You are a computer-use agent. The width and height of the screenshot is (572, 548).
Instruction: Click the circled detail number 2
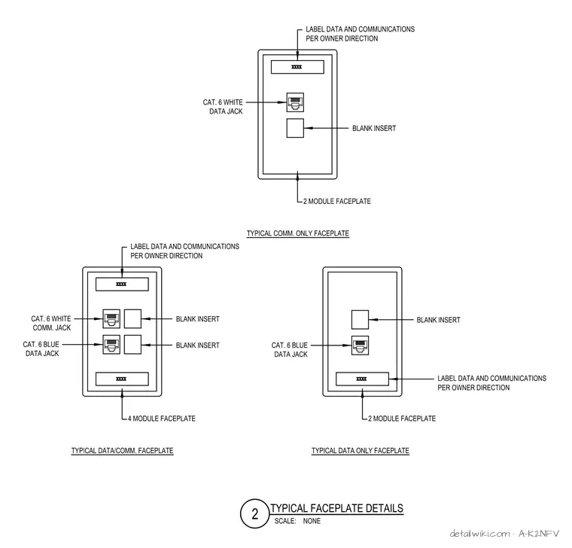254,513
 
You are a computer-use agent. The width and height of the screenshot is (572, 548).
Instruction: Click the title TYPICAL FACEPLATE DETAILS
336,508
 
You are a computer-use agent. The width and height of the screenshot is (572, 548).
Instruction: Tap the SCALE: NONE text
297,521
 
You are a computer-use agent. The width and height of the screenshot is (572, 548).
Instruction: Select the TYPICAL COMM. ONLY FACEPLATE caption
298,233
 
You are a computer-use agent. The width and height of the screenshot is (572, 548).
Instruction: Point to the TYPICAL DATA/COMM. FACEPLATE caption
122,451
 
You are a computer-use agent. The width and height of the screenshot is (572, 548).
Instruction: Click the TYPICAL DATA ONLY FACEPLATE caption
361,451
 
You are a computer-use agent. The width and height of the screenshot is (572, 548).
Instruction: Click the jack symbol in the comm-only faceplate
295,102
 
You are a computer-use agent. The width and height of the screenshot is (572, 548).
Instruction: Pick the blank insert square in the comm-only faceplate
295,128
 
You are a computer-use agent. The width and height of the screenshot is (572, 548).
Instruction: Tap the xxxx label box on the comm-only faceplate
297,67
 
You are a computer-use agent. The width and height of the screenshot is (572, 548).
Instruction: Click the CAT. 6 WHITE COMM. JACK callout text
51,323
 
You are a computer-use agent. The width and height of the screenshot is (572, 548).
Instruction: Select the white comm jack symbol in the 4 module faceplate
111,319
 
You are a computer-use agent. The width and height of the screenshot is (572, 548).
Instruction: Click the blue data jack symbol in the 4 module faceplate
111,345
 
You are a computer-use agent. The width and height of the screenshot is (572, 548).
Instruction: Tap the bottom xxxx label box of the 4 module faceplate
122,379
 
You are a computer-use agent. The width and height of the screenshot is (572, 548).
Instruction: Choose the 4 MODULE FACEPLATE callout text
162,419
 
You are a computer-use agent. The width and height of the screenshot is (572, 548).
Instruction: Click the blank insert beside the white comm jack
132,319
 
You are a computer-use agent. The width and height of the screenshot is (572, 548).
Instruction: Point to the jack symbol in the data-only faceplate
360,346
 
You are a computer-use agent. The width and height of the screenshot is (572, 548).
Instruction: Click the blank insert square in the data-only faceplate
360,320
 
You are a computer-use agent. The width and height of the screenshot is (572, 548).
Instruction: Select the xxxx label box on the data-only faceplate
362,379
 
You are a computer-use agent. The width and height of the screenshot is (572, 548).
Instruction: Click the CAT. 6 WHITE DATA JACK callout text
223,107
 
